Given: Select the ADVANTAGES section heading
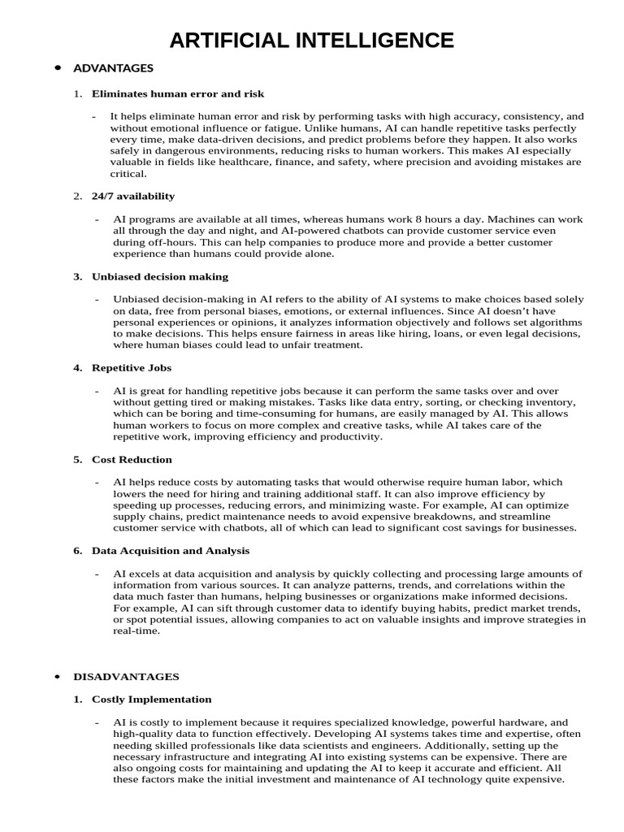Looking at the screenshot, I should (x=113, y=68).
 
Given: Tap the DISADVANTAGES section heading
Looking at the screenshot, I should (x=126, y=676).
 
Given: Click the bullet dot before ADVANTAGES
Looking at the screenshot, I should (x=58, y=68).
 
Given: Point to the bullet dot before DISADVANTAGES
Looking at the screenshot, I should (x=58, y=676).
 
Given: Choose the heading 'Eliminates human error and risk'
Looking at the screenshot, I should (x=178, y=93).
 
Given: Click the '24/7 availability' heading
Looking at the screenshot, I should (x=133, y=196).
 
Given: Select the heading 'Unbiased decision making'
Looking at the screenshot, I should (x=160, y=276).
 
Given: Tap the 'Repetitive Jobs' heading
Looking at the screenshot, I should (x=132, y=367).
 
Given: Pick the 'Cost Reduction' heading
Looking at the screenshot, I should (x=132, y=459).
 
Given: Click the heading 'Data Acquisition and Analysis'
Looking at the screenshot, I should (x=171, y=550).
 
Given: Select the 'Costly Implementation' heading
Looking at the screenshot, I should (x=152, y=699).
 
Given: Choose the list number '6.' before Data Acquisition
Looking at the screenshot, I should (x=78, y=550).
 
